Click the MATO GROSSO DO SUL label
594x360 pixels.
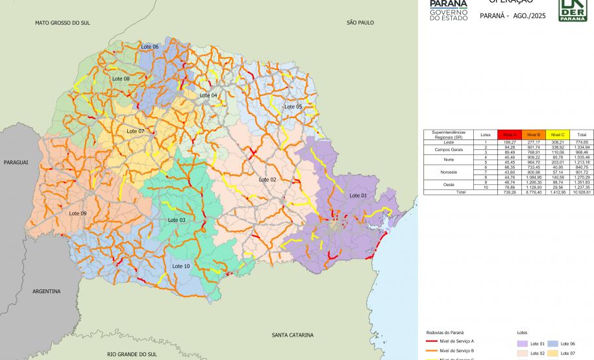tap(62, 23)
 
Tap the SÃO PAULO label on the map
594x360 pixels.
tap(360, 23)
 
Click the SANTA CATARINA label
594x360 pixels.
tap(292, 335)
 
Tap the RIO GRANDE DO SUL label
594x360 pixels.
tap(132, 355)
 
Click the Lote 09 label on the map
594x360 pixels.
tap(78, 213)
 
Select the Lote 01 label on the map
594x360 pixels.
tap(358, 195)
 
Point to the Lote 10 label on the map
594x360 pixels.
tap(181, 266)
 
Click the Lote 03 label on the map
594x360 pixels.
tap(177, 220)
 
